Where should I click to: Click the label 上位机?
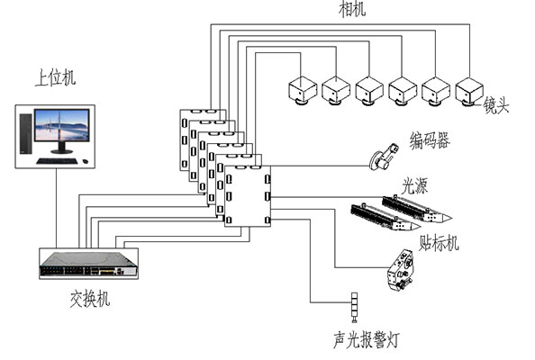pyautogui.click(x=55, y=77)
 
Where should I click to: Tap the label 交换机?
pyautogui.click(x=90, y=298)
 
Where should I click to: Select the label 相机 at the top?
pyautogui.click(x=352, y=8)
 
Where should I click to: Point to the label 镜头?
pyautogui.click(x=496, y=104)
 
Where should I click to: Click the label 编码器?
pyautogui.click(x=430, y=140)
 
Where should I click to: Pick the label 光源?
pyautogui.click(x=414, y=185)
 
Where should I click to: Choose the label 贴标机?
pyautogui.click(x=439, y=243)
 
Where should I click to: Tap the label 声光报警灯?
pyautogui.click(x=366, y=339)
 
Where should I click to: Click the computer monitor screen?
pyautogui.click(x=62, y=125)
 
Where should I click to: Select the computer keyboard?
pyautogui.click(x=58, y=161)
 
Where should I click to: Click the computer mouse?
pyautogui.click(x=85, y=161)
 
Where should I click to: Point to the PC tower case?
pyautogui.click(x=25, y=133)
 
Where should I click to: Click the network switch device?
pyautogui.click(x=88, y=264)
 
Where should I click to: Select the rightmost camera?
pyautogui.click(x=469, y=91)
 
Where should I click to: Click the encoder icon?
pyautogui.click(x=385, y=157)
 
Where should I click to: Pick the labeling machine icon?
pyautogui.click(x=400, y=270)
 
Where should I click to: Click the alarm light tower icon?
pyautogui.click(x=355, y=307)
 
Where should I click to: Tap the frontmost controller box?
pyautogui.click(x=248, y=196)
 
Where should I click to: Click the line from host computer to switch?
pyautogui.click(x=57, y=208)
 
